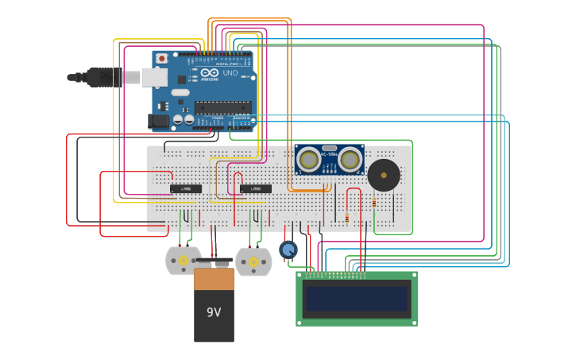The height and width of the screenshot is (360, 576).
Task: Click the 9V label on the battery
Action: pos(214,312)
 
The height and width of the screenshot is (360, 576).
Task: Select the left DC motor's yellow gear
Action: pos(184,261)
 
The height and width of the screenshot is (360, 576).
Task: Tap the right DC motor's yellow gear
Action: pos(253,261)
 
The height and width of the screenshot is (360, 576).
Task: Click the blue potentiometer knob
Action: pos(288,250)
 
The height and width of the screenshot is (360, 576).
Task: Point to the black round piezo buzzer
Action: pos(384,175)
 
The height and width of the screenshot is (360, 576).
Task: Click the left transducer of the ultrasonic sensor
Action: pos(308,160)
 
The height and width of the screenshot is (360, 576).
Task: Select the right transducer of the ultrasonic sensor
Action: pos(350,160)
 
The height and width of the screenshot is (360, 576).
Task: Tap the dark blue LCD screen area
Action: pos(357,299)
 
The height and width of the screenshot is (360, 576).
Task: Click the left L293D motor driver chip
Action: pos(186,188)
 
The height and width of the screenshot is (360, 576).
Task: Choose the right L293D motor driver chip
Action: pos(256,188)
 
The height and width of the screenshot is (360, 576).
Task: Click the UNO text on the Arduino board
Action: pos(230,73)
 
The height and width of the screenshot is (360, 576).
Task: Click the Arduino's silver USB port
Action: pos(152,77)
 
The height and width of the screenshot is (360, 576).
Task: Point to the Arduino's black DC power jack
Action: pos(159,121)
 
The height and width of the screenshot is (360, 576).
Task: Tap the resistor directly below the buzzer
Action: pos(374,203)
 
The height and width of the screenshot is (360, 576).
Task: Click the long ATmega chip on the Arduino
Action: pos(222,107)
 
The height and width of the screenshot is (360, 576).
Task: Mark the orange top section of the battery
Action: pos(214,279)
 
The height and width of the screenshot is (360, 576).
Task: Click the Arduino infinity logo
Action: pos(209,72)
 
